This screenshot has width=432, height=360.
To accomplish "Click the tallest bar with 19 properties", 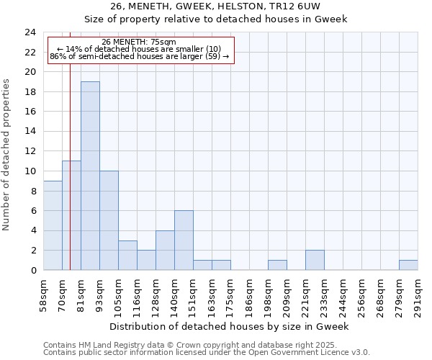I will (90, 176).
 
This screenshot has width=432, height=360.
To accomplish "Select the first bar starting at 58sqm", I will (53, 225).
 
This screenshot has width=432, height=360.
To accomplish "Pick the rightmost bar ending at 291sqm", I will (408, 265).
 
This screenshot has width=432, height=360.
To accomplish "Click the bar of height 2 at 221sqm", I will (315, 260).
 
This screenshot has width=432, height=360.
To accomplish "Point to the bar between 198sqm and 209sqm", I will (277, 265).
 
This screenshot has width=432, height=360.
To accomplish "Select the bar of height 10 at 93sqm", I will (109, 220).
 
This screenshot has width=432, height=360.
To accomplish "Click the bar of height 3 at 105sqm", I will (127, 255).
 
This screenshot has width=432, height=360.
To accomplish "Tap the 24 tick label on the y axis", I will (30, 32).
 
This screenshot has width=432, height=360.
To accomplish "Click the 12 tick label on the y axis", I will (30, 151).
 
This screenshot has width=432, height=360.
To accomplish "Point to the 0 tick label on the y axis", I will (32, 270).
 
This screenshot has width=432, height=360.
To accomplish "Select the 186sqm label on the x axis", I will (249, 294).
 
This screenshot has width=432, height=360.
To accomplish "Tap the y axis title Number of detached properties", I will (6, 156).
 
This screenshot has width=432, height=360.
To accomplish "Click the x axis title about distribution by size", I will (230, 326).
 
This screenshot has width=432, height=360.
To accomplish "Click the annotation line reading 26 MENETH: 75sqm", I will (139, 42).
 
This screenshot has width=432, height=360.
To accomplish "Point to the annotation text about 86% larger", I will (139, 56).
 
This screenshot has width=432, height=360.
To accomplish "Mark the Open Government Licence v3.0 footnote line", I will (207, 353).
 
